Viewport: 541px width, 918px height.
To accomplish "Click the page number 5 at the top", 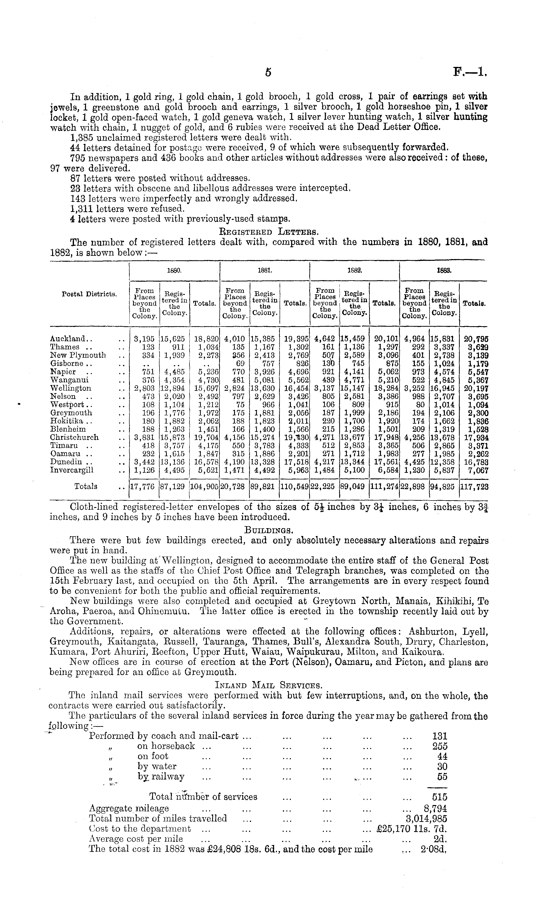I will [x=268, y=73].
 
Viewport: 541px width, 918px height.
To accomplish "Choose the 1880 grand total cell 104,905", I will [x=204, y=487].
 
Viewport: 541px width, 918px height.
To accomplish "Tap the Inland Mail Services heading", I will [x=269, y=686].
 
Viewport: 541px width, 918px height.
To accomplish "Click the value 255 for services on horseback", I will [x=440, y=746].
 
